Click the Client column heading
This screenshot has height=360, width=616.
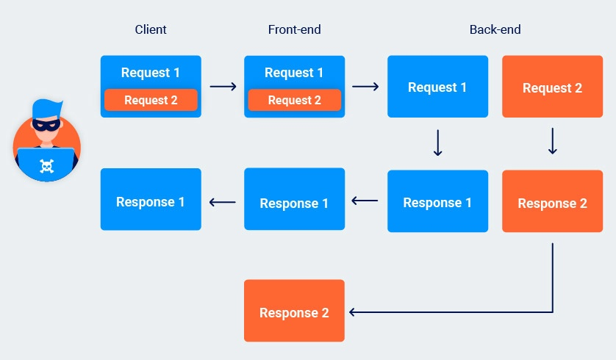click(x=151, y=30)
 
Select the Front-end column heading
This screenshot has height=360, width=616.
click(x=294, y=30)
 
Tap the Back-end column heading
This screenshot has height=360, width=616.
click(x=495, y=30)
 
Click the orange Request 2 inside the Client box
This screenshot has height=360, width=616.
click(x=151, y=100)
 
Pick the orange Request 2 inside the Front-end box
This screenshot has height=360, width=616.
click(x=294, y=100)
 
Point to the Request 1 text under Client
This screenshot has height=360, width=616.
click(x=151, y=73)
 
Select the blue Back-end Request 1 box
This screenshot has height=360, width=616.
click(x=437, y=87)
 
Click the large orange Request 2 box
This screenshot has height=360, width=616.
click(x=552, y=87)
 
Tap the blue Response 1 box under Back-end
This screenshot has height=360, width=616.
click(x=437, y=202)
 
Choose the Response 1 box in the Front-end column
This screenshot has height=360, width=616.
click(x=294, y=202)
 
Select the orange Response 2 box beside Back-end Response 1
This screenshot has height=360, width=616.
click(x=552, y=202)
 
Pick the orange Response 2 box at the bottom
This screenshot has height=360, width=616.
click(x=294, y=312)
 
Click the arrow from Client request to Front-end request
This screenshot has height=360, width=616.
click(x=223, y=87)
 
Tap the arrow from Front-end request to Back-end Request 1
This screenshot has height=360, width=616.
click(x=365, y=87)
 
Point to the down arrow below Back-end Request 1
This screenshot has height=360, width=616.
click(x=437, y=143)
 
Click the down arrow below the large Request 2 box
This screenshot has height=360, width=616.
click(x=552, y=142)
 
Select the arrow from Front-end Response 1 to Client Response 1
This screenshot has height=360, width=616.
click(x=223, y=201)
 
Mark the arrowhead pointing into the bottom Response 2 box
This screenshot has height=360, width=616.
click(x=354, y=312)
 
